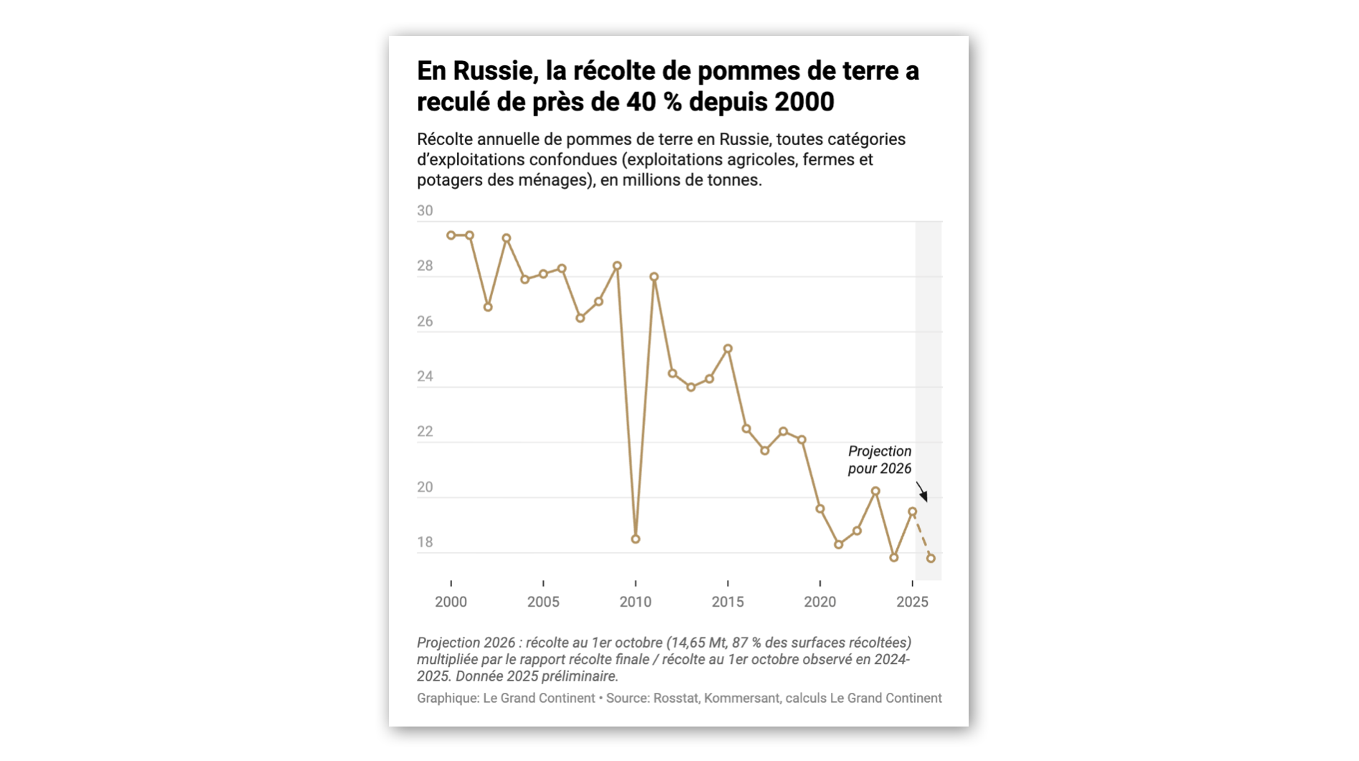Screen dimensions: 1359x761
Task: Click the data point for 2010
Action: [x=636, y=539]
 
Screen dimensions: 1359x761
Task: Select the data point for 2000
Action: [x=451, y=235]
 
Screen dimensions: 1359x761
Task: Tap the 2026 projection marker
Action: [x=931, y=558]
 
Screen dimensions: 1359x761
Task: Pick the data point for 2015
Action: [x=728, y=349]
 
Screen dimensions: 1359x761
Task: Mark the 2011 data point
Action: [x=654, y=277]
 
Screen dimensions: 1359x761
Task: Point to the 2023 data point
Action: [x=875, y=492]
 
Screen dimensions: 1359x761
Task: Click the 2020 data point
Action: [x=820, y=509]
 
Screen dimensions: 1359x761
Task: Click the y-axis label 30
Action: [x=425, y=211]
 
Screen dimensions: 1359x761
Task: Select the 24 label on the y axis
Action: [x=425, y=377]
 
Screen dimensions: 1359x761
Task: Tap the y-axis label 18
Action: [x=425, y=543]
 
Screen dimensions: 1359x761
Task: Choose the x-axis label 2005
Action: [x=543, y=602]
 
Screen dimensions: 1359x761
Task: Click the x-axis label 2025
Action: [x=912, y=602]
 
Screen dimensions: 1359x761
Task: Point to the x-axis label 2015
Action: [x=728, y=602]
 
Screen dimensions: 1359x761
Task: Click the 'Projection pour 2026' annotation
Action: [x=880, y=460]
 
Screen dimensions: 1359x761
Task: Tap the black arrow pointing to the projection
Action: [x=922, y=492]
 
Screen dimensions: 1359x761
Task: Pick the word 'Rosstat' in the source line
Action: [x=675, y=699]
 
